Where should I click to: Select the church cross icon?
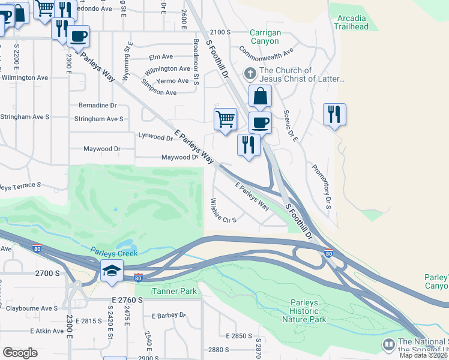click(250, 74)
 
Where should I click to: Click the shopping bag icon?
click(260, 96)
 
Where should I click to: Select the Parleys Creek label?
click(114, 253)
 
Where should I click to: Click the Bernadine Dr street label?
click(97, 105)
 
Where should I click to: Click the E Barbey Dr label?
click(170, 315)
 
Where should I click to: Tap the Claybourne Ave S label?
click(31, 308)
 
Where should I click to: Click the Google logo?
click(20, 353)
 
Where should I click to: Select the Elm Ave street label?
click(160, 58)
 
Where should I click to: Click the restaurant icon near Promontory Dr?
click(334, 114)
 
